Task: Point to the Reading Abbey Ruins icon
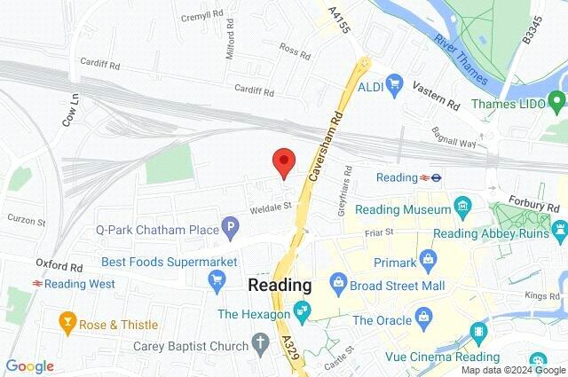(558, 232)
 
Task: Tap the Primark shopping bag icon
(429, 262)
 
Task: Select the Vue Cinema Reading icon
(480, 333)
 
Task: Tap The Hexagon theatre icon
(303, 312)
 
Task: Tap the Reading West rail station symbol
(36, 284)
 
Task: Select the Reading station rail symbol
(436, 177)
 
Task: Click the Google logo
(29, 365)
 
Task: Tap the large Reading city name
(280, 286)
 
